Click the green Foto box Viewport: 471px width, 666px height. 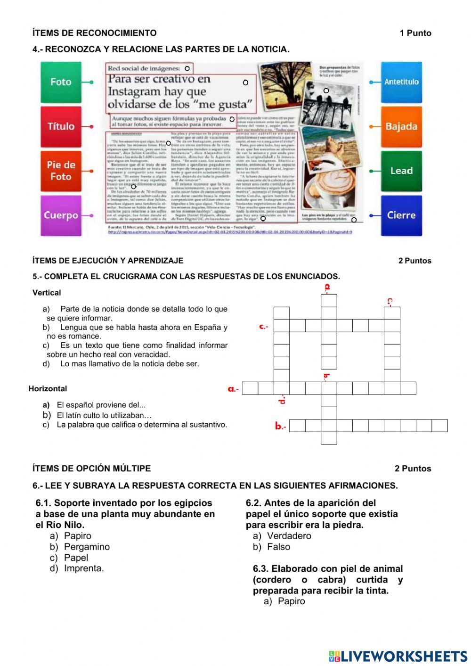[61, 82]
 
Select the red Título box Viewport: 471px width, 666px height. [61, 126]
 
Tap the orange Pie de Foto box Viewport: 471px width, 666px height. [61, 171]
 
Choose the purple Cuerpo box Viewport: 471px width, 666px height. [61, 215]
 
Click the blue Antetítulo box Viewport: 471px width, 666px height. [401, 82]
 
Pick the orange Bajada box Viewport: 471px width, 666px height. [401, 126]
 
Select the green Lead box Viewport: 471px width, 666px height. [401, 171]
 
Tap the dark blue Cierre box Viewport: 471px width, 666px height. [401, 215]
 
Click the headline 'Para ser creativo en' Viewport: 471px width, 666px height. [159, 79]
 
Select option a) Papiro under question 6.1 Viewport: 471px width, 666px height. [77, 536]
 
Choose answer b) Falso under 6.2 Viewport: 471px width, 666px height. [278, 547]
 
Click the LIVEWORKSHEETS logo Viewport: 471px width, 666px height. [398, 656]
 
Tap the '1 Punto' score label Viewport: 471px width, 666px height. [415, 33]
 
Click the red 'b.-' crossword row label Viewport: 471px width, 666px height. [280, 426]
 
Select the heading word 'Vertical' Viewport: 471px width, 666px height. [47, 293]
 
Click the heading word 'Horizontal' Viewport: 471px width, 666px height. [48, 389]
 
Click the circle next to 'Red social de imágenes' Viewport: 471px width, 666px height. [187, 69]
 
